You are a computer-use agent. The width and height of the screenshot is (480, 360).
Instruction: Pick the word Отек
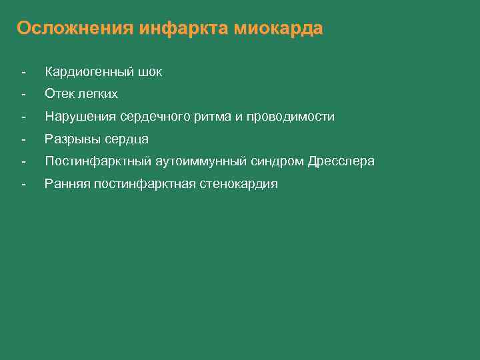58,94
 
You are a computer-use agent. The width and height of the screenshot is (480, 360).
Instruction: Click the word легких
96,94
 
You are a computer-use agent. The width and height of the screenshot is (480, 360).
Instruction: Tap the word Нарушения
80,117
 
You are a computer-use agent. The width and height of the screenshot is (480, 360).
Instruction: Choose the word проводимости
291,117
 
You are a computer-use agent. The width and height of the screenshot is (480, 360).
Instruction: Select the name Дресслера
341,161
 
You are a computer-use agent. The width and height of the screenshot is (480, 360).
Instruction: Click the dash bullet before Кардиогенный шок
23,72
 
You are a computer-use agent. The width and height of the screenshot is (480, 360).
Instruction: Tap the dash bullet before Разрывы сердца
23,139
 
